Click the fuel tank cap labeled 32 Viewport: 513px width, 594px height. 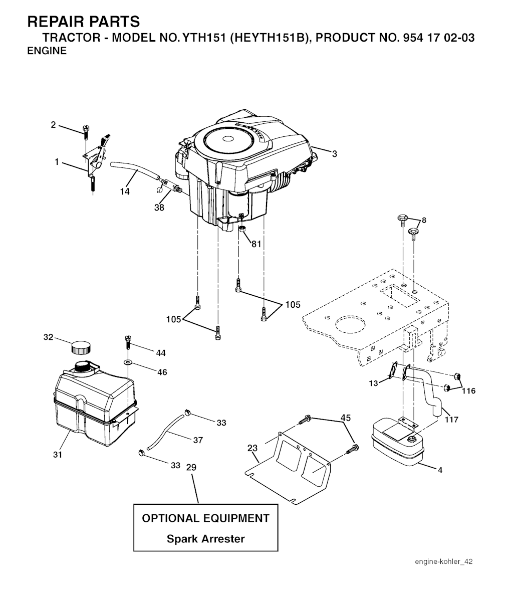[x=81, y=346]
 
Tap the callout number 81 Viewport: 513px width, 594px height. [x=256, y=244]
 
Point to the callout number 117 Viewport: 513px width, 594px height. [x=451, y=420]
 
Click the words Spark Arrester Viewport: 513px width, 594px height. [x=205, y=539]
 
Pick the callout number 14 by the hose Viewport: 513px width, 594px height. [x=125, y=191]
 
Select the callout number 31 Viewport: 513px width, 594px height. [x=58, y=454]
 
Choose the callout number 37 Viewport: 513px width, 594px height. [x=198, y=440]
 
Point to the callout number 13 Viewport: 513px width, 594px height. [x=374, y=383]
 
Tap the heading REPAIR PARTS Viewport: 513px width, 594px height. [x=84, y=22]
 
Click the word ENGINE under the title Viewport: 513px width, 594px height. [x=47, y=51]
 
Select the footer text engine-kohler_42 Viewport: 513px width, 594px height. [x=443, y=561]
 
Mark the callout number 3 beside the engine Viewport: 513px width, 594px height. [x=334, y=154]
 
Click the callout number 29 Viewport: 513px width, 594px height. [x=191, y=467]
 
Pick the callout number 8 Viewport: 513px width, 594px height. [x=424, y=220]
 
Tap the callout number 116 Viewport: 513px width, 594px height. [x=469, y=391]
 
